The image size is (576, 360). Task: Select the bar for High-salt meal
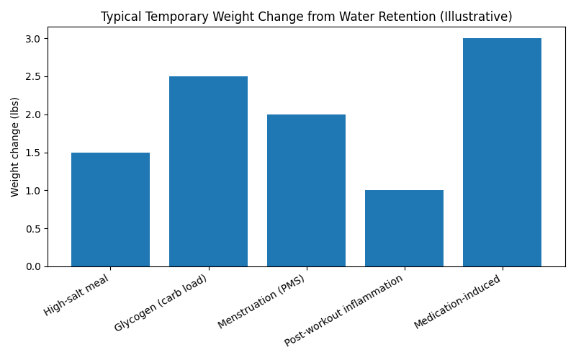[x=110, y=210]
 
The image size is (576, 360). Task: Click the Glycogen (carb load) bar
[x=208, y=171]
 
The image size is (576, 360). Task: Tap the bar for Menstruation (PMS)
[x=306, y=191]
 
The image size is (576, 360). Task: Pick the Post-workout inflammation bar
[x=404, y=228]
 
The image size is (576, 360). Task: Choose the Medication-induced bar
[x=502, y=153]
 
